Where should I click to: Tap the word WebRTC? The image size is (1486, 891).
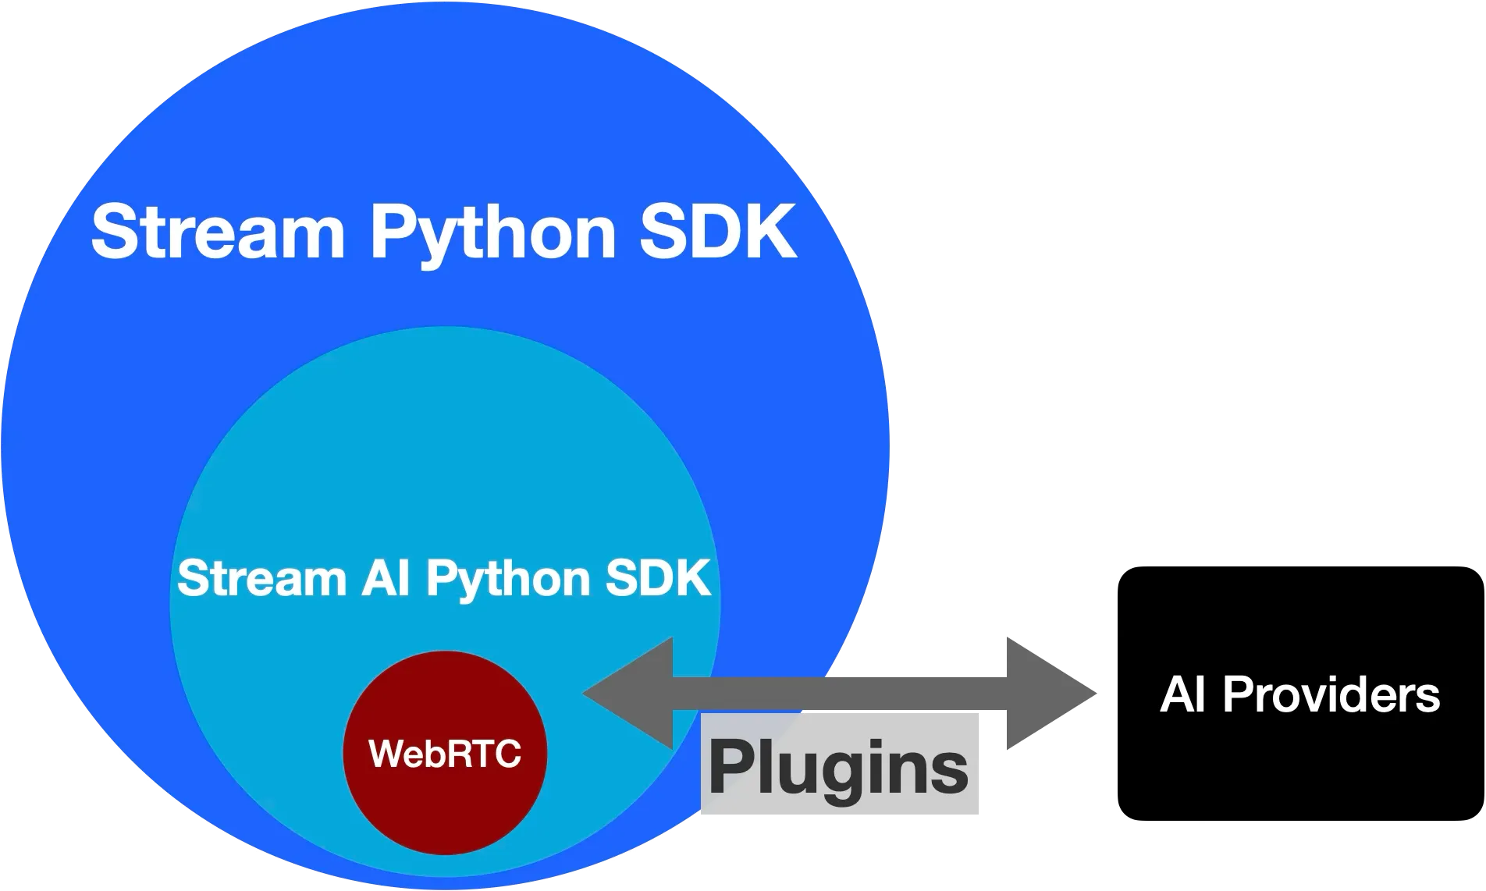[445, 754]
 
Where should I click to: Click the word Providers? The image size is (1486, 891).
[1330, 694]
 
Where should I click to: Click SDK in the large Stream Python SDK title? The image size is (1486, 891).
[716, 232]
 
